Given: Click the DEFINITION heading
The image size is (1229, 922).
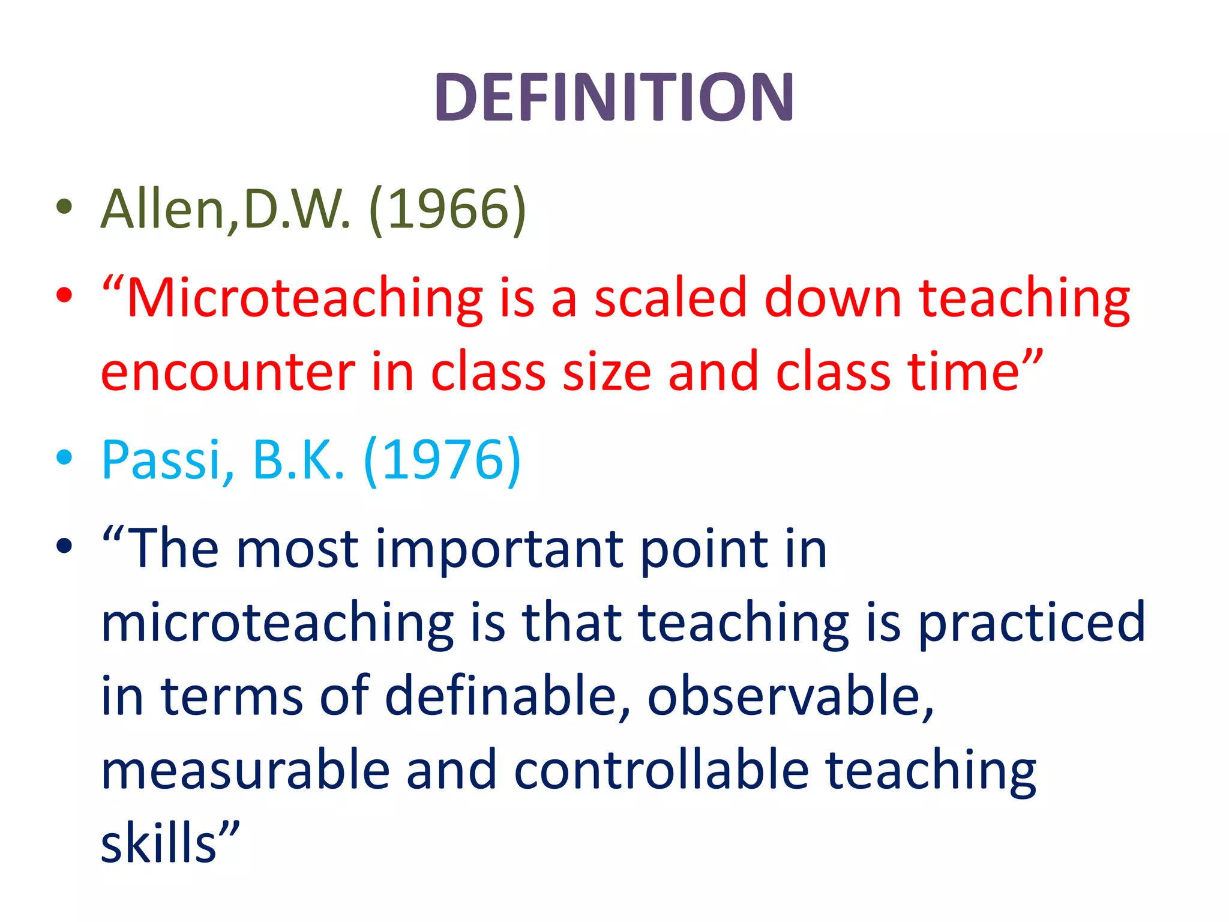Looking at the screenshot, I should click(614, 97).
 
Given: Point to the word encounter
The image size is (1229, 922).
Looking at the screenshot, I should click(228, 372).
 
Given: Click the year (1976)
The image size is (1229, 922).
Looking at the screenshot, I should click(442, 460).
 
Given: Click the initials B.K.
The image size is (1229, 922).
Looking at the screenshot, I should click(299, 460).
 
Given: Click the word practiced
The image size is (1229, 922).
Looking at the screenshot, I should click(1032, 623).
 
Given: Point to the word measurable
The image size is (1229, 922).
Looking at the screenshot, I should click(246, 771).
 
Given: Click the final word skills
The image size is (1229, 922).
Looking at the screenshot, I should click(159, 843).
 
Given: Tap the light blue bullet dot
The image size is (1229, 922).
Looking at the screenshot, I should click(64, 457).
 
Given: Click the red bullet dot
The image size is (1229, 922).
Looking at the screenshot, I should click(64, 295).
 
